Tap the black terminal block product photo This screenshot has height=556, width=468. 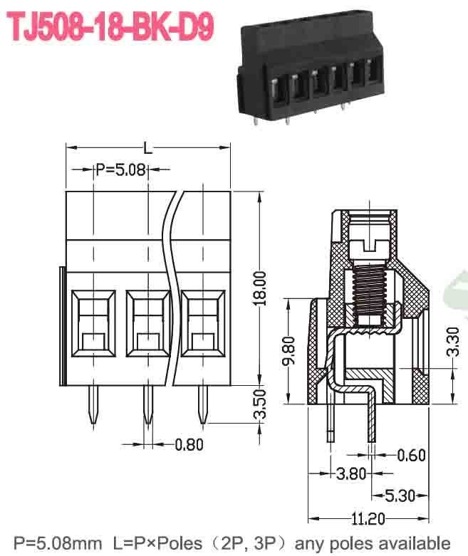tap(310, 68)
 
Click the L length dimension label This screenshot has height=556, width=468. tap(147, 148)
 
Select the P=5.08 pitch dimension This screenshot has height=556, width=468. tap(121, 169)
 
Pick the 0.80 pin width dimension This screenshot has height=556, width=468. tap(189, 445)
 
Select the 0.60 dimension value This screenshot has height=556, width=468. tap(412, 454)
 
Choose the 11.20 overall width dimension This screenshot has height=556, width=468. tap(368, 518)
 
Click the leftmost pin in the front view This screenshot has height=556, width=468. tap(93, 407)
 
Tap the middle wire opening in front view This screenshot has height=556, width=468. tap(146, 323)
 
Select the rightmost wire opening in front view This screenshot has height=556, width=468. tap(202, 323)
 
